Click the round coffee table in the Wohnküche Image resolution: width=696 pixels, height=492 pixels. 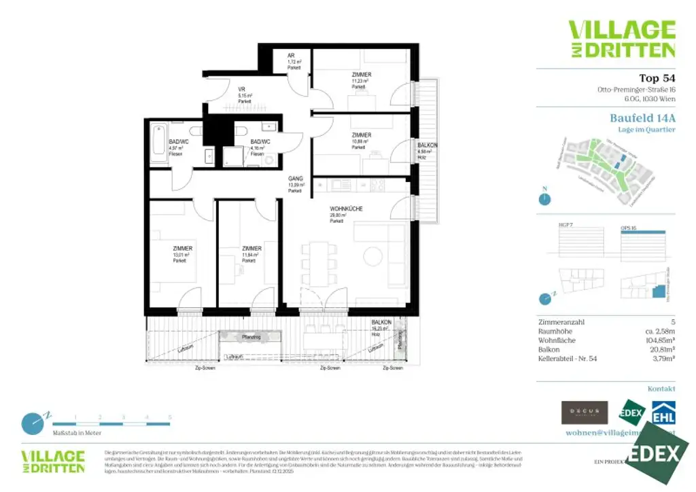point(372,256)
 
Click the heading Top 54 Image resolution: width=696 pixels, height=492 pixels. point(657,77)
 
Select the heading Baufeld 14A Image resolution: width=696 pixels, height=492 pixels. point(642,118)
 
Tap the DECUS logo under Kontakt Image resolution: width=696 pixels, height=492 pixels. point(585,412)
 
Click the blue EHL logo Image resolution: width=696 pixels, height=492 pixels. point(663,413)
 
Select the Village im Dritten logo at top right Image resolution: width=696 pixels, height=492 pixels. point(621,39)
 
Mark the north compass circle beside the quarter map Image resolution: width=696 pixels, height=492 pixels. point(544,200)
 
